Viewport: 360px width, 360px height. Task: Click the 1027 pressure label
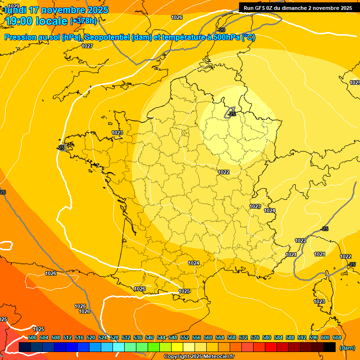[x=87, y=46]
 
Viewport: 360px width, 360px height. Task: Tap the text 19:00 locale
[x=37, y=21]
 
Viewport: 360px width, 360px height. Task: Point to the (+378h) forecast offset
[x=83, y=21]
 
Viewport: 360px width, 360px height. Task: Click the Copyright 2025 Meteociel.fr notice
[x=199, y=357]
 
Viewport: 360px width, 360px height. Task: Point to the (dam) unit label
[x=347, y=348]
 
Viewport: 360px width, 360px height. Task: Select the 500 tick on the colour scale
[x=32, y=337]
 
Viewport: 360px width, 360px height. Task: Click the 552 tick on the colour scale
[x=185, y=337]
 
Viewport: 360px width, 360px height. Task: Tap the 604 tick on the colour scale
[x=337, y=337]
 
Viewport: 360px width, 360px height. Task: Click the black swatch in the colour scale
[x=330, y=347]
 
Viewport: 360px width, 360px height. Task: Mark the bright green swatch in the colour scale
[x=154, y=347]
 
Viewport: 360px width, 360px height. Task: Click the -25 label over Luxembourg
[x=232, y=114]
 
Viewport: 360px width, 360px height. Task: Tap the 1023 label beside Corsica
[x=319, y=301]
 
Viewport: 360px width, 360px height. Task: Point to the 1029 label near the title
[x=14, y=6]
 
